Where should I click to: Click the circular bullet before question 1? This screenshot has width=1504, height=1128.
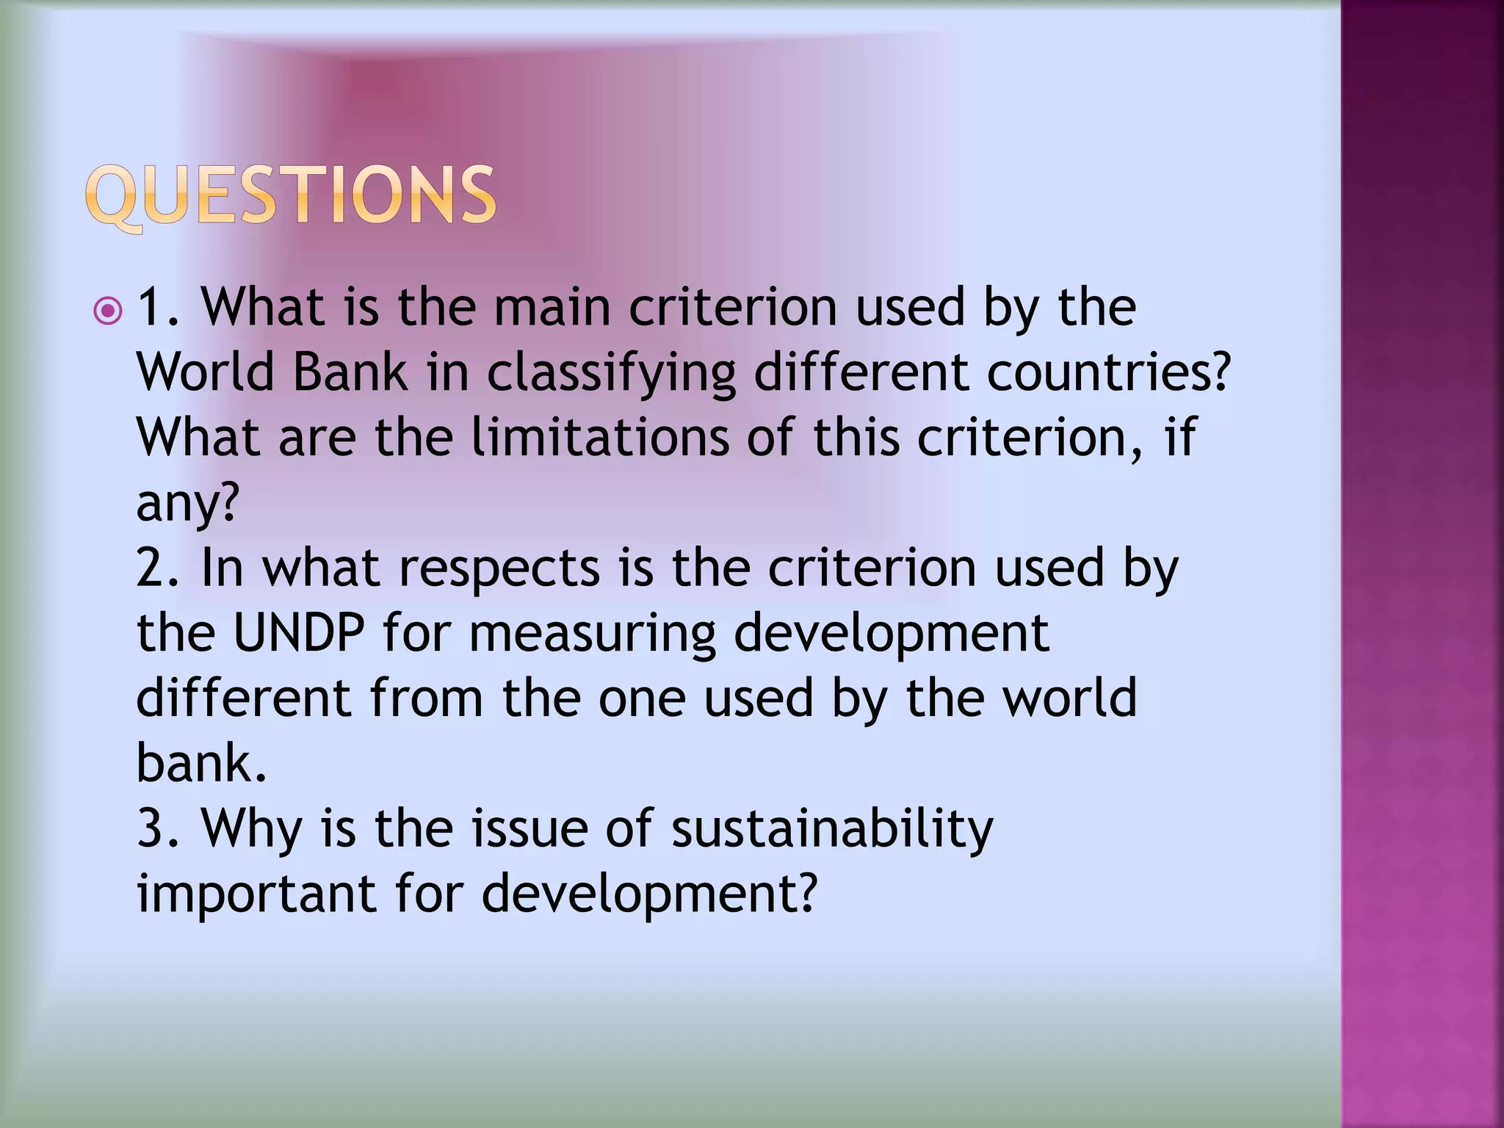(x=109, y=311)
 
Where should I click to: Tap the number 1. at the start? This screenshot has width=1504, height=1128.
(x=159, y=307)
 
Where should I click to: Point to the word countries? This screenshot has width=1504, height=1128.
(x=1107, y=372)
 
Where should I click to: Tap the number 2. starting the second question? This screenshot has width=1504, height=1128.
(x=159, y=568)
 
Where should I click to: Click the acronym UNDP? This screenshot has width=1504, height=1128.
(x=298, y=633)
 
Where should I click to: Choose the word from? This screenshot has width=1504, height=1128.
(x=426, y=698)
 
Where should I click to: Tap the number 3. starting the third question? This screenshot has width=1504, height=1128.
(x=159, y=828)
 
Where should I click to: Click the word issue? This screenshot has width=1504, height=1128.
(x=529, y=828)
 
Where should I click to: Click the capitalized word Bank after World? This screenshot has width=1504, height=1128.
(x=350, y=372)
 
